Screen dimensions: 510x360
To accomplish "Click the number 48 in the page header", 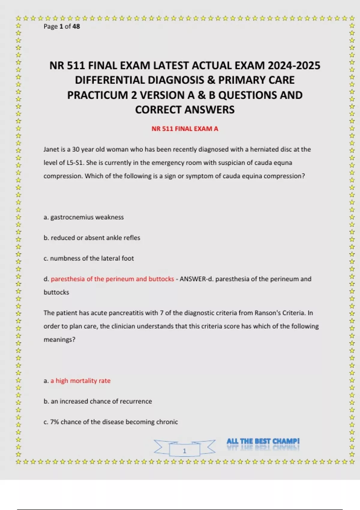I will [76, 26].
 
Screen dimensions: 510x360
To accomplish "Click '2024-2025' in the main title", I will [294, 65].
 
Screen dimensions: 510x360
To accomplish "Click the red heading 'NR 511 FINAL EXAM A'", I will [185, 129].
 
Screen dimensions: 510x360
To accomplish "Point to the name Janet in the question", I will [51, 149].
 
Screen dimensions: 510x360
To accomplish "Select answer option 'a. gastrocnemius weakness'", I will [84, 217].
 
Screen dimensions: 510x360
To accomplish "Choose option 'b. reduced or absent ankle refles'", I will [92, 238].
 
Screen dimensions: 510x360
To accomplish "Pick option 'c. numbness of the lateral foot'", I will [89, 258].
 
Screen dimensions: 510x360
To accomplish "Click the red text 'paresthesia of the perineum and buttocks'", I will [112, 279].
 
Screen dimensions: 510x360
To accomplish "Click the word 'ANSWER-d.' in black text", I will [196, 279].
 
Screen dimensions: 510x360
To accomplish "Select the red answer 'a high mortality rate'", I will [80, 381].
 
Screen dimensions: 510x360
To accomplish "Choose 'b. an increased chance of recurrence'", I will [98, 401].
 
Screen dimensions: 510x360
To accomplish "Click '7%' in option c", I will [55, 422].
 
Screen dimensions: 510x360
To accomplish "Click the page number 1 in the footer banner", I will [184, 451].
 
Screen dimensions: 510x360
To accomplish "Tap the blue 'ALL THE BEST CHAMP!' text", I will [263, 441].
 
